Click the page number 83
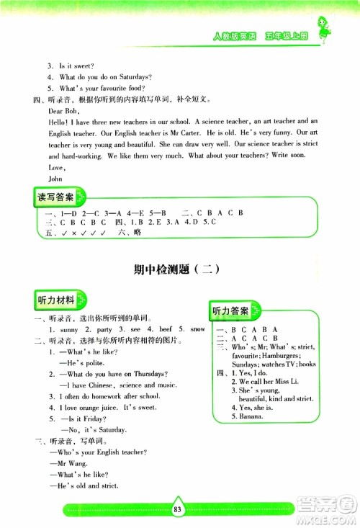click(179, 509)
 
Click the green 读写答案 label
click(56, 197)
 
